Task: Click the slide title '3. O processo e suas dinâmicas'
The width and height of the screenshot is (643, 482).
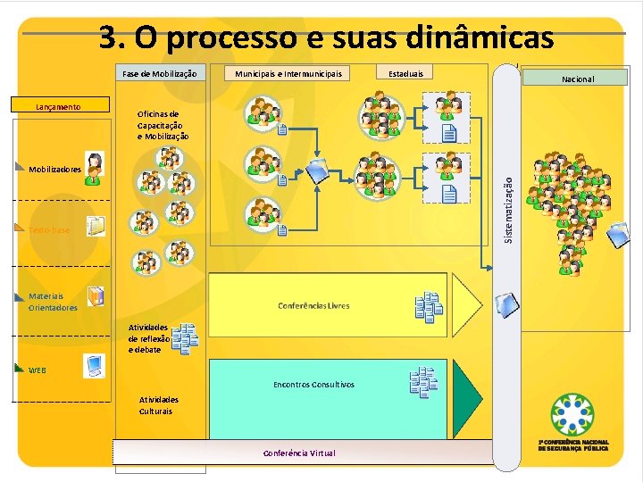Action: pos(326,37)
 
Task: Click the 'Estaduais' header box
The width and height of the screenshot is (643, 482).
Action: pos(406,73)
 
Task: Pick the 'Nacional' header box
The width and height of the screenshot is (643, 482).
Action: pos(578,79)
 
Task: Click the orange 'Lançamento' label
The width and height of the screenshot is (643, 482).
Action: pos(58,107)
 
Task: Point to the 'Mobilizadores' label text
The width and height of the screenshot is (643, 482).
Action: pos(54,169)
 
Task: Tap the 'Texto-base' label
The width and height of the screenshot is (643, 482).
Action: pos(49,230)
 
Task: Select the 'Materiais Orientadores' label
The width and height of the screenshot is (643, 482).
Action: pos(53,302)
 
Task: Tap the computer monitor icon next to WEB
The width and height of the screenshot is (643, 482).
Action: pos(95,365)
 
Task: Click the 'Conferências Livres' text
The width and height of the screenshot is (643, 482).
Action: pos(313,305)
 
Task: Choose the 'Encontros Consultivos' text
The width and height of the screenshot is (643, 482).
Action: pos(313,385)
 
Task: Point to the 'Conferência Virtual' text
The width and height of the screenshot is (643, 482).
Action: pos(299,453)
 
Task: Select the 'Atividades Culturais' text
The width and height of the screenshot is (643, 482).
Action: pos(158,405)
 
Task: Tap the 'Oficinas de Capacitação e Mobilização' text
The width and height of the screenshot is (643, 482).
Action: pos(163,126)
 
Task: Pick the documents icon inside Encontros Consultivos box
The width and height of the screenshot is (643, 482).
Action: pos(423,382)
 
